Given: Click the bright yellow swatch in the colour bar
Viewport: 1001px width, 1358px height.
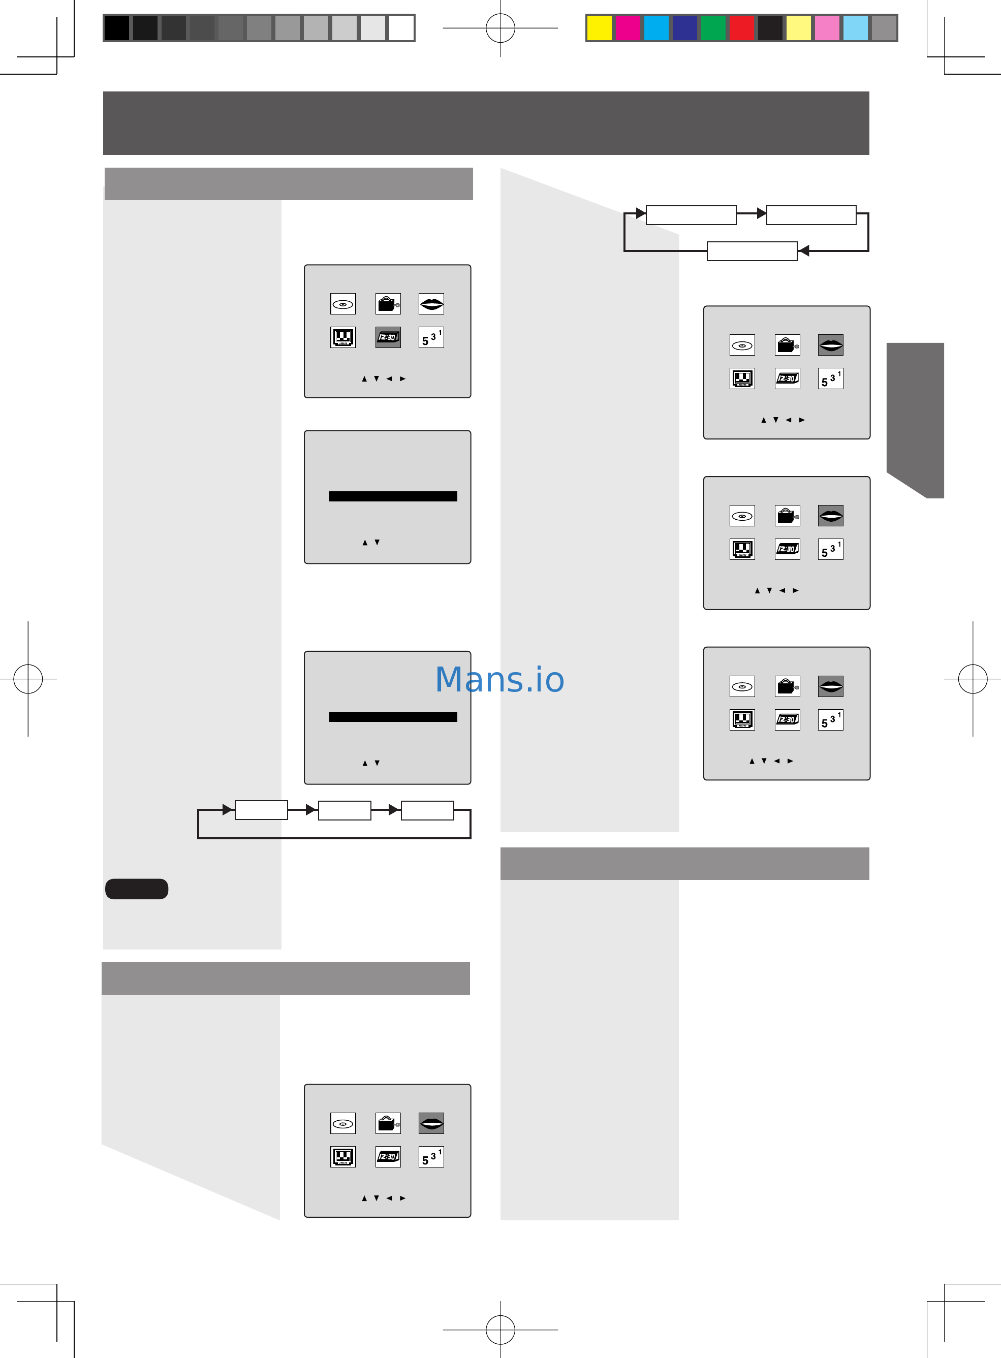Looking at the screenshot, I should pyautogui.click(x=599, y=28).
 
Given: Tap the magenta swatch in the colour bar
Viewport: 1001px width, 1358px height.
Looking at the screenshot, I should pyautogui.click(x=628, y=28).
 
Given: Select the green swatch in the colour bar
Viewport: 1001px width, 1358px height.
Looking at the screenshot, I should pyautogui.click(x=713, y=28).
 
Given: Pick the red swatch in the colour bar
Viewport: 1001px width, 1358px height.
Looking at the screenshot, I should pyautogui.click(x=742, y=28).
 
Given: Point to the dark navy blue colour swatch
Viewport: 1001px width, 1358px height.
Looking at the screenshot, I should pyautogui.click(x=685, y=28).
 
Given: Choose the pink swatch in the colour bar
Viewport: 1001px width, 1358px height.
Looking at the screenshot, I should pyautogui.click(x=827, y=28).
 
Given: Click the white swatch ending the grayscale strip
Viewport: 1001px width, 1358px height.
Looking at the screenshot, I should pyautogui.click(x=401, y=28).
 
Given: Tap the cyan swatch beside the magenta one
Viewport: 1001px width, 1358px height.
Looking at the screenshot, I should pyautogui.click(x=656, y=28).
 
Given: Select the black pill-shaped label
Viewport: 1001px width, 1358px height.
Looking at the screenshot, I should pyautogui.click(x=136, y=889).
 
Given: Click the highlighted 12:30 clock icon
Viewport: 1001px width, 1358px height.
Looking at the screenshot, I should pyautogui.click(x=388, y=337).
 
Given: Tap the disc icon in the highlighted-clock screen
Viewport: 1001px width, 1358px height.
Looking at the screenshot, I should pyautogui.click(x=343, y=304).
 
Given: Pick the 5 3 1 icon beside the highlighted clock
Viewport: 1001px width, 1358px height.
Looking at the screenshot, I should pyautogui.click(x=431, y=337).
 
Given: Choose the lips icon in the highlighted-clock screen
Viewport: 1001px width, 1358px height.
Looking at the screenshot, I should pyautogui.click(x=431, y=304).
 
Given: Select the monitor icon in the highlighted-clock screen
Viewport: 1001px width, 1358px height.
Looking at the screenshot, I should pyautogui.click(x=343, y=337).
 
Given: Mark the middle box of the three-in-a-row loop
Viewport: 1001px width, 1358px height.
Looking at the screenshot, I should pyautogui.click(x=344, y=810).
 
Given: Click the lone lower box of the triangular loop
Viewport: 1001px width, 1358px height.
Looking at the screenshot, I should pyautogui.click(x=752, y=251).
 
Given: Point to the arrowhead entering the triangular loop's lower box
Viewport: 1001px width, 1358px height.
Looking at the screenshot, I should pyautogui.click(x=803, y=251).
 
